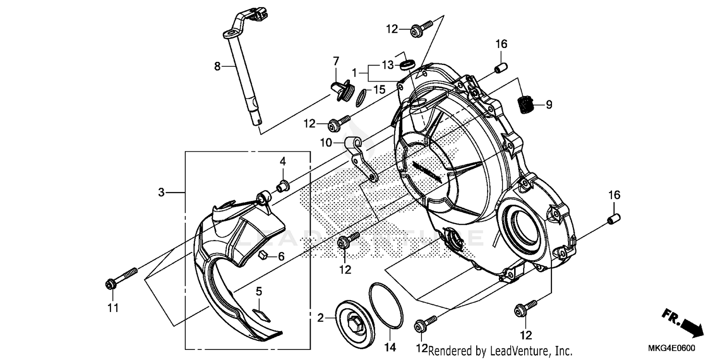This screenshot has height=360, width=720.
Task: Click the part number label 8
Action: pyautogui.click(x=217, y=66)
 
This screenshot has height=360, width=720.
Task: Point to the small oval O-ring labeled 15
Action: pyautogui.click(x=361, y=98)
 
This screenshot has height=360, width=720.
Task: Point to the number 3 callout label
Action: pyautogui.click(x=162, y=192)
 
